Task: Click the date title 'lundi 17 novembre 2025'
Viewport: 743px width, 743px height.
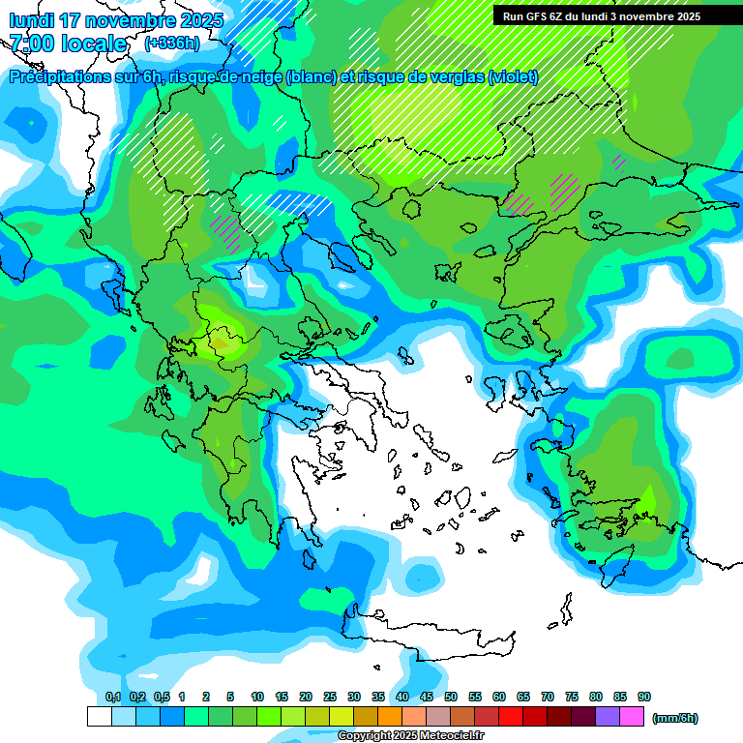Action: point(116,20)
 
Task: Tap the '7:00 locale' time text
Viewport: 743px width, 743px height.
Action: point(68,44)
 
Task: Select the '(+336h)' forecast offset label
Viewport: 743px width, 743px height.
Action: point(171,44)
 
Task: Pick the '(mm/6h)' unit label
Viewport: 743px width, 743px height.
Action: point(675,718)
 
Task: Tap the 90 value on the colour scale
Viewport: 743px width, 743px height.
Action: point(644,698)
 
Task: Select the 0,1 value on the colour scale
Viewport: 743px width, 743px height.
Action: point(113,698)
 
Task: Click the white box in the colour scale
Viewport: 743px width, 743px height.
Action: point(99,717)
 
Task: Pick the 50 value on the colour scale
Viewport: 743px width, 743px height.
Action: point(451,698)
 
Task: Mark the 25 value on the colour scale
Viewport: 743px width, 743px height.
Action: point(330,698)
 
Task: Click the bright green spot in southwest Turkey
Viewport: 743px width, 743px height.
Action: point(646,498)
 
